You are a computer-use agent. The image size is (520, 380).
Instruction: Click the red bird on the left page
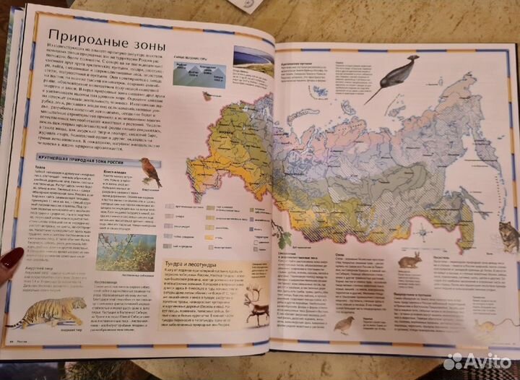point(151,171)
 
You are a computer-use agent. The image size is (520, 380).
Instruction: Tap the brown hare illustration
point(409,260)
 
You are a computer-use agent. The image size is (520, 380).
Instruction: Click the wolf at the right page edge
point(508,236)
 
